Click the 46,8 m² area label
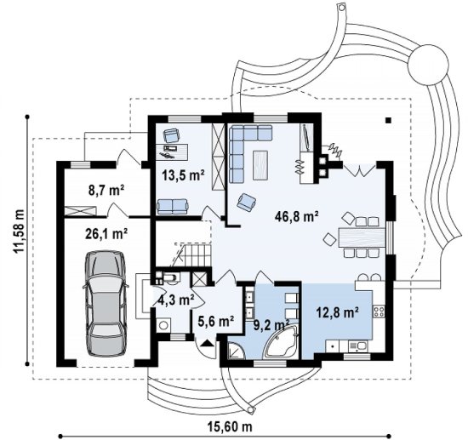296,217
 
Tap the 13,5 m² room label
183,175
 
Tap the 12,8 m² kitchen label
337,312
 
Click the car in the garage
106,303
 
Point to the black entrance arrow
207,343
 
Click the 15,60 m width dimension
230,426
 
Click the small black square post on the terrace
388,120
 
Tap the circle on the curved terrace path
428,65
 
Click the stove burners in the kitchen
379,311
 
